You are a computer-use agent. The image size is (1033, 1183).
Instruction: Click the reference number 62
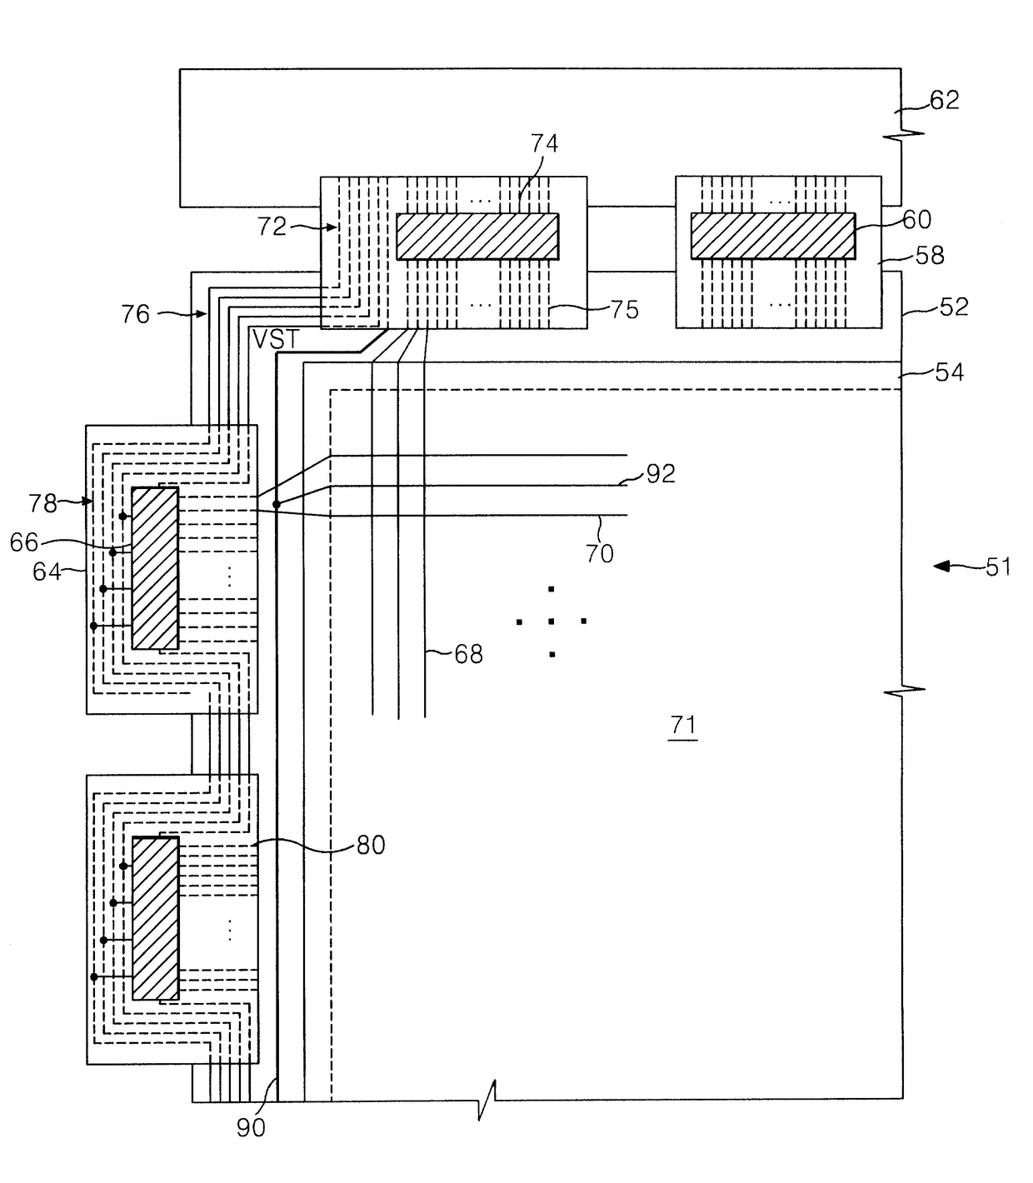pos(944,100)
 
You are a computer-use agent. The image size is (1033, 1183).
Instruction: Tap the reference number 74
pos(544,143)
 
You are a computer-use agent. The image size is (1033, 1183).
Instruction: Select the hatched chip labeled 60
pos(773,236)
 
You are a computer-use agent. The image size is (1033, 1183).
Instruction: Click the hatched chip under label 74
pos(477,237)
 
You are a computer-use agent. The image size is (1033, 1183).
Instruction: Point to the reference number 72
pos(272,227)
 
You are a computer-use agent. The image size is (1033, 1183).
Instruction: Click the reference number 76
pos(135,315)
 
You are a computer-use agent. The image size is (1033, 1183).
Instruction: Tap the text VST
pos(277,339)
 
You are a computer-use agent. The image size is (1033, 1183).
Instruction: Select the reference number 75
pos(624,311)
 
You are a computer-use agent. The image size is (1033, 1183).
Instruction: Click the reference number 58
pos(930,256)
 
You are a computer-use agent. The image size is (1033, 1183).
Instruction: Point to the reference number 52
pos(954,307)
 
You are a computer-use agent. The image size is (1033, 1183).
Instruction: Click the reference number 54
pos(949,372)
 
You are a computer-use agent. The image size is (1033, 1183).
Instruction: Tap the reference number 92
pos(661,474)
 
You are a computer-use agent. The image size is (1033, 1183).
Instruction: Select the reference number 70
pos(600,554)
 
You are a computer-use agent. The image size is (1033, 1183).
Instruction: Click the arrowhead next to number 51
pos(941,566)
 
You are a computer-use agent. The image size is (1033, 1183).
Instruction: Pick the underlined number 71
pos(682,725)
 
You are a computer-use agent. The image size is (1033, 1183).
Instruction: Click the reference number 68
pos(468,655)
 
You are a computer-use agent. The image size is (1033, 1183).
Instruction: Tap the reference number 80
pos(371,846)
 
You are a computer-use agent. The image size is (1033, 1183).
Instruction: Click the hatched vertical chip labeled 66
pos(155,568)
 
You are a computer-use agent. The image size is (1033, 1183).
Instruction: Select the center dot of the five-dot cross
pos(551,621)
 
